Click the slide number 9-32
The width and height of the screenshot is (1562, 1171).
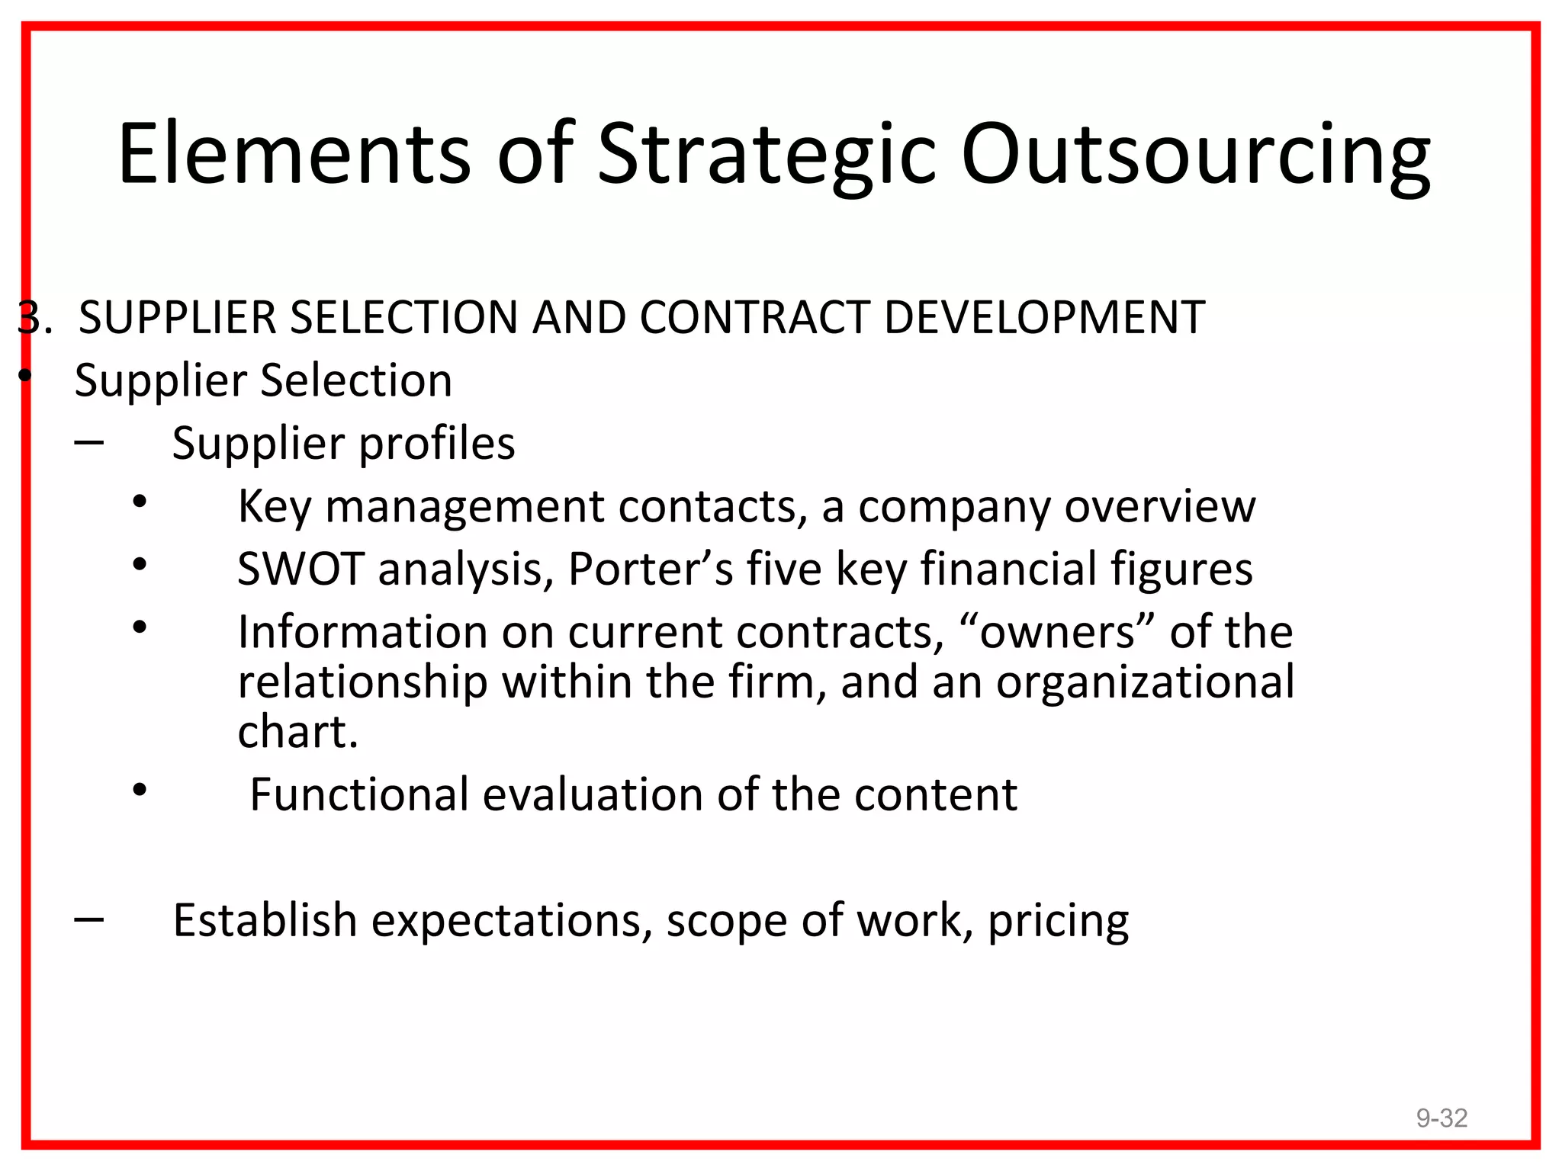tap(1441, 1118)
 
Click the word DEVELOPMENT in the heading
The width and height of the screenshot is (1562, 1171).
tap(1044, 317)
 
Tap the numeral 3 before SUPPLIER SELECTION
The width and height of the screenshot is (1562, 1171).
tap(28, 317)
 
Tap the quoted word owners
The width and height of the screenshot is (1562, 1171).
tap(1057, 632)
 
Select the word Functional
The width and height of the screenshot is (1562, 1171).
tap(359, 794)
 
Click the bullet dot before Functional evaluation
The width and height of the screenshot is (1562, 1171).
tap(139, 790)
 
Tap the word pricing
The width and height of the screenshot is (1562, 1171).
tap(1058, 921)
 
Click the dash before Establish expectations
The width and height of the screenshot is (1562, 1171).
tap(89, 919)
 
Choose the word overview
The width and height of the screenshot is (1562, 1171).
tap(1159, 506)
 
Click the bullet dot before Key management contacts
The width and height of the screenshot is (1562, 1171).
tap(139, 502)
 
